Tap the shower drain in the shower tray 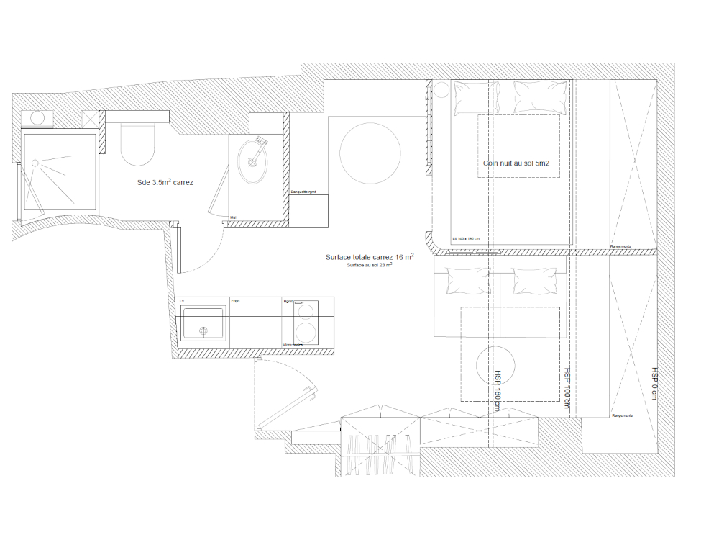34,164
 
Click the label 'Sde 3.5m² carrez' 165,183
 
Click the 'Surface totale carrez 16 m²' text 369,257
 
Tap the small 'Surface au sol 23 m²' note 369,265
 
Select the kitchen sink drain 203,330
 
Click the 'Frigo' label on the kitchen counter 235,300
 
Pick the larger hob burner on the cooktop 308,333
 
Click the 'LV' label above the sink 181,300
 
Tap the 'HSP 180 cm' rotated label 497,391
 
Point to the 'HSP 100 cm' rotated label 567,389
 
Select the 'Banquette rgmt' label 303,192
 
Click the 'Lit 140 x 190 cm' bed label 466,238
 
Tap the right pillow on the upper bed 539,96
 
